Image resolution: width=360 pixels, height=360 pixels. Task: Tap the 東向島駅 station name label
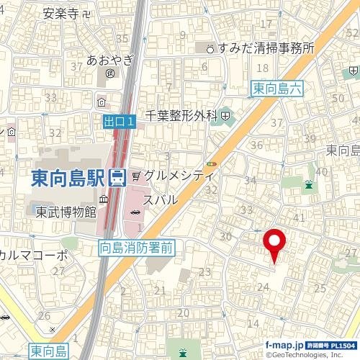click(x=69, y=177)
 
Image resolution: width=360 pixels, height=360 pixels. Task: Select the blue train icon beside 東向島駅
click(x=118, y=177)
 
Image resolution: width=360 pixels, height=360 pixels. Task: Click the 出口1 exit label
click(x=118, y=124)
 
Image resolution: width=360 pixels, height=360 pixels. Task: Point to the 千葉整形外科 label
click(x=181, y=114)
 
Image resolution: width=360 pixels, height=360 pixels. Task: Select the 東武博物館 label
click(x=66, y=212)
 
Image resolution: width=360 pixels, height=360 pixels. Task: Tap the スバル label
click(x=161, y=199)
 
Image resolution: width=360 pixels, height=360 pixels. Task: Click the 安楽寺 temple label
click(x=61, y=12)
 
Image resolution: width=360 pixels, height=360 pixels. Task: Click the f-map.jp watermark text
click(x=285, y=346)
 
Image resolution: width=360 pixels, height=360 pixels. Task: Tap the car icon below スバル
click(x=135, y=212)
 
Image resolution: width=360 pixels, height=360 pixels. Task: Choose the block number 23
click(x=205, y=272)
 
